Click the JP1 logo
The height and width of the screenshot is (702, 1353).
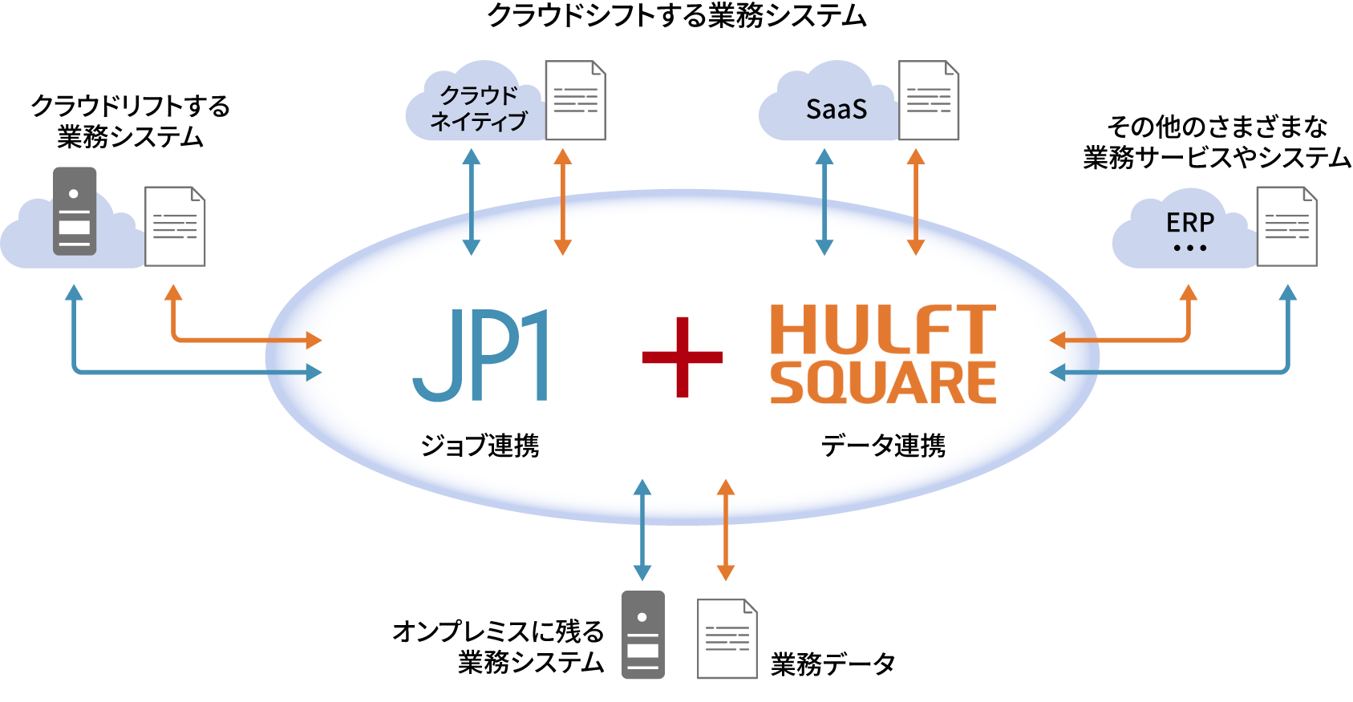pyautogui.click(x=480, y=355)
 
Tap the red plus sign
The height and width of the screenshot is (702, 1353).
pyautogui.click(x=683, y=357)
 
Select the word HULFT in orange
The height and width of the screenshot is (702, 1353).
pyautogui.click(x=882, y=329)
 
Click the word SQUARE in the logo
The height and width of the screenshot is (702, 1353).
pyautogui.click(x=882, y=383)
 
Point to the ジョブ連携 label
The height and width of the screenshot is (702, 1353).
pyautogui.click(x=480, y=446)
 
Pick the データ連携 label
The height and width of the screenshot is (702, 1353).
pyautogui.click(x=883, y=446)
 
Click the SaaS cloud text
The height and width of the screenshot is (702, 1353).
pyautogui.click(x=836, y=109)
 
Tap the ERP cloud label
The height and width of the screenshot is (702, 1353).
pyautogui.click(x=1189, y=223)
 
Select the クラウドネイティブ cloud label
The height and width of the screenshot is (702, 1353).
pyautogui.click(x=479, y=108)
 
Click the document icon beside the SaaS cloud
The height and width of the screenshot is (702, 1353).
pyautogui.click(x=929, y=100)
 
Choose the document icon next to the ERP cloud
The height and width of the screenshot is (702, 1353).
pyautogui.click(x=1286, y=226)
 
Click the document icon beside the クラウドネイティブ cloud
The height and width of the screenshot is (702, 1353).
pyautogui.click(x=575, y=100)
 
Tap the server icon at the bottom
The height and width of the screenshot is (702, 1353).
pyautogui.click(x=643, y=635)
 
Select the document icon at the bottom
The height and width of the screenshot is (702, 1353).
pyautogui.click(x=727, y=639)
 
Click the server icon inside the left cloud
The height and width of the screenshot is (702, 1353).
pyautogui.click(x=75, y=211)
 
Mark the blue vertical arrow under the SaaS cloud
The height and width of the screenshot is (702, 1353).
pyautogui.click(x=824, y=202)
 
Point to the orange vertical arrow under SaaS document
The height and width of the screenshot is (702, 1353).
pyautogui.click(x=916, y=202)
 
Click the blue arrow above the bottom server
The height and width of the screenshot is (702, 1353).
pyautogui.click(x=642, y=531)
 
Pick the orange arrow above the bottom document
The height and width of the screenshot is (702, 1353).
pyautogui.click(x=726, y=531)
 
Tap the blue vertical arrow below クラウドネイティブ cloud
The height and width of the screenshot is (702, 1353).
pyautogui.click(x=472, y=202)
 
